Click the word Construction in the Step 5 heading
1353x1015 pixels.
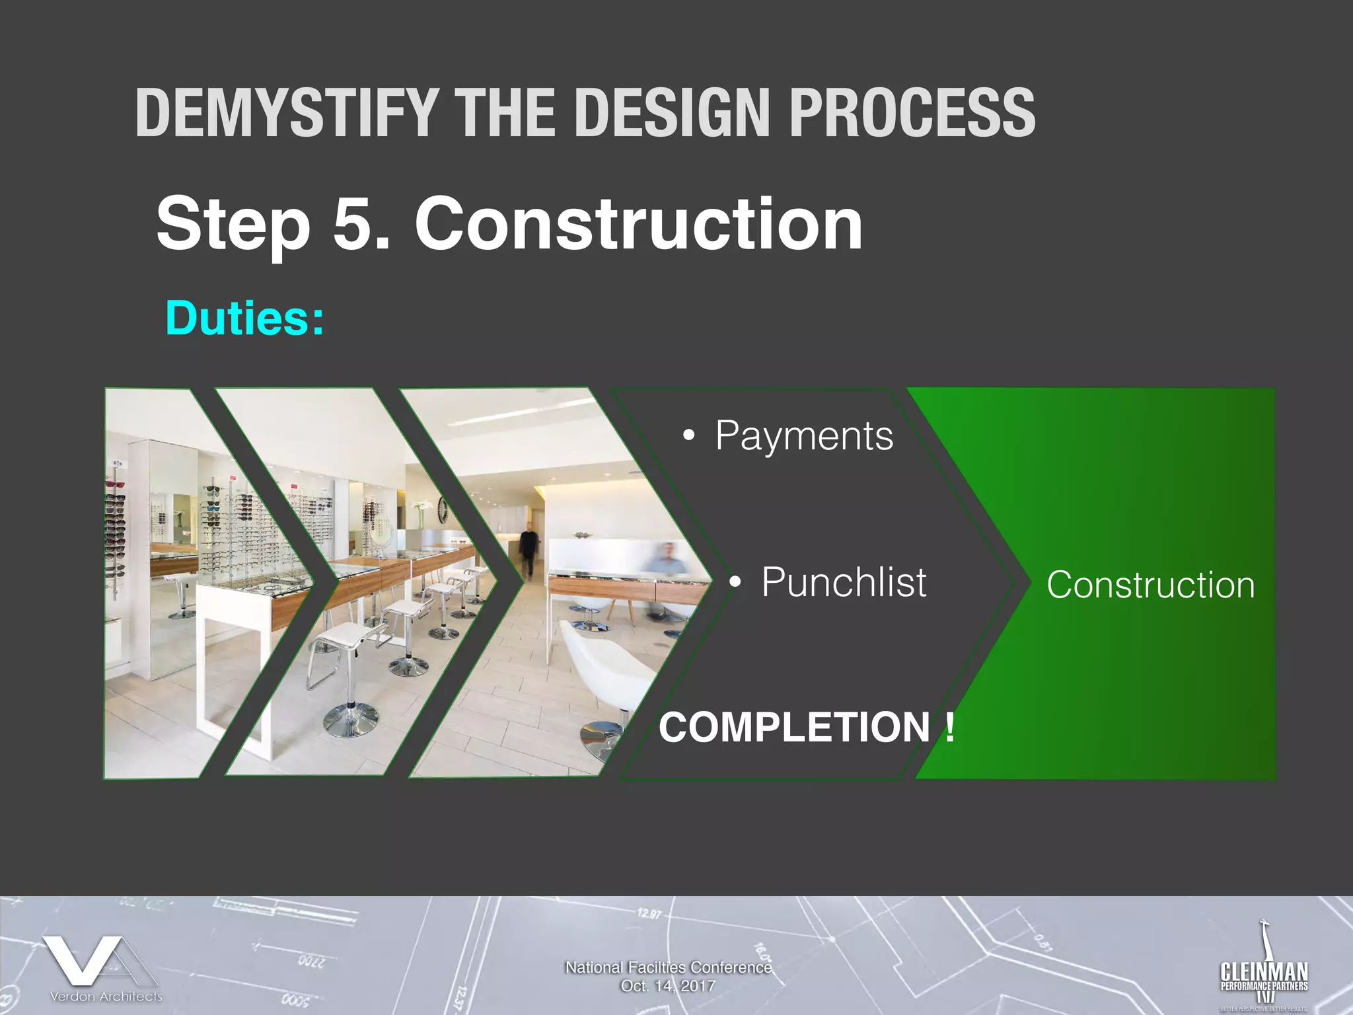[638, 224]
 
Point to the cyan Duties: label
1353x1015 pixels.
[244, 318]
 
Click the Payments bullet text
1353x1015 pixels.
[804, 436]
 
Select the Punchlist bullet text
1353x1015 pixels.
[844, 582]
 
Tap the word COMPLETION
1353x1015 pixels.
[795, 727]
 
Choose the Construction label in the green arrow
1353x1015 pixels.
[1150, 585]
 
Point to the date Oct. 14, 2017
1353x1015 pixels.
[668, 986]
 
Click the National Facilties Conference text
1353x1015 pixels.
[668, 967]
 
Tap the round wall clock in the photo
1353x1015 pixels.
[441, 510]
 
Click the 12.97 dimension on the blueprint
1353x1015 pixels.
[649, 915]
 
